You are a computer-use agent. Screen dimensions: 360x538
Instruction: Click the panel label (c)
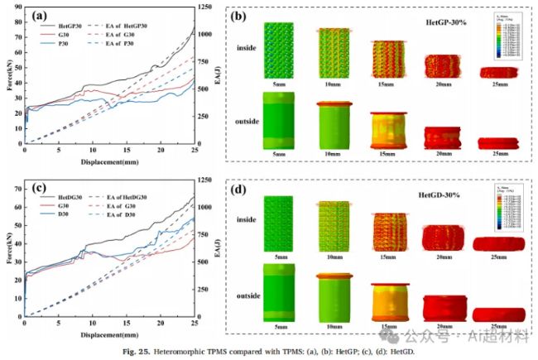39,190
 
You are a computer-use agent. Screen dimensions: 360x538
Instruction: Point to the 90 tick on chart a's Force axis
19,8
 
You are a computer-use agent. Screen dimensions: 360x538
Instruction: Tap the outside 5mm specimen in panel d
278,291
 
